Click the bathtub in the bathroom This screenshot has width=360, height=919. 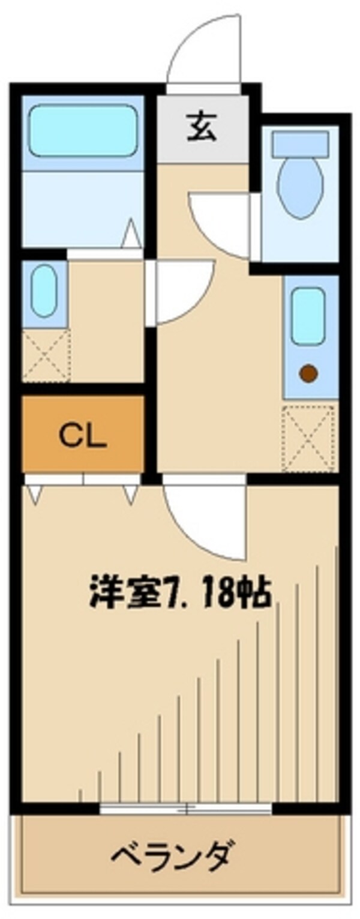[x=82, y=130]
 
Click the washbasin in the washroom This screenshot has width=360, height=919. [x=44, y=291]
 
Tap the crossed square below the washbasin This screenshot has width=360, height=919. [x=46, y=355]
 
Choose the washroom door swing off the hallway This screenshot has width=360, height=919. [x=180, y=288]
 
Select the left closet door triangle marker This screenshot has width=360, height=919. [x=34, y=494]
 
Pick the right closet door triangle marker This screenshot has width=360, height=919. [x=131, y=494]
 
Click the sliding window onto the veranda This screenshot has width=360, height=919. [x=186, y=808]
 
